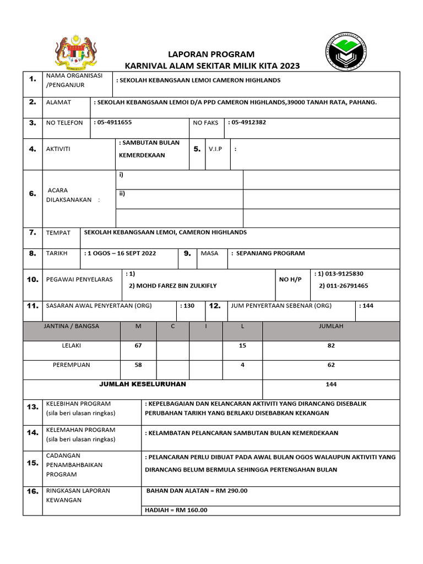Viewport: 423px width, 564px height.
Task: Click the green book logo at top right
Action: pos(345,52)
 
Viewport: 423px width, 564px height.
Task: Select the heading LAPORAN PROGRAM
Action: pos(211,54)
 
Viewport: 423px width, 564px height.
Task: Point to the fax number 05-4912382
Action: pos(248,122)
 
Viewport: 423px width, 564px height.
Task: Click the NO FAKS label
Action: pos(205,123)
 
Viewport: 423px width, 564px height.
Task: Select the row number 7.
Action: pos(32,232)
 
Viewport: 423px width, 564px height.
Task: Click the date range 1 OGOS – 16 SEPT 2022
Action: pos(121,253)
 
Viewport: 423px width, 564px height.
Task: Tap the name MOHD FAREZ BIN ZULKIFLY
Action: pos(172,286)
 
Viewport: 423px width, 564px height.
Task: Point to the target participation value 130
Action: pos(188,306)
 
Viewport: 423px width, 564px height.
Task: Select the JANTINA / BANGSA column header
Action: pos(71,326)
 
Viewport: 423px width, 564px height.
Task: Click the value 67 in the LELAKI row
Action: pos(138,346)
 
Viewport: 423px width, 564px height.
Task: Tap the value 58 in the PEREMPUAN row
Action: pos(138,365)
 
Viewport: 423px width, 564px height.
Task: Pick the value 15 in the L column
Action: pos(242,346)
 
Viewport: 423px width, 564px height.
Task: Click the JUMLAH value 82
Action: pos(331,346)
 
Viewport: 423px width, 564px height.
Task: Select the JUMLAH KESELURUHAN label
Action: pos(142,384)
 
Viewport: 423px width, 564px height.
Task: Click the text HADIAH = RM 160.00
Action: pos(176,510)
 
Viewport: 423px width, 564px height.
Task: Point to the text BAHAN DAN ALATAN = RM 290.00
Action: pos(197,491)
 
